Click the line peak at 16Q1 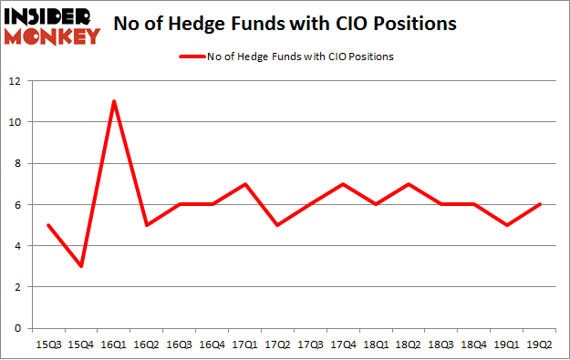pos(114,101)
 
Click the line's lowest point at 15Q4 pos(81,266)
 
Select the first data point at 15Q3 pos(48,225)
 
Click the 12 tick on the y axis pos(19,81)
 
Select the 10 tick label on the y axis pos(19,122)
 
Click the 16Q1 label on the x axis pos(114,345)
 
